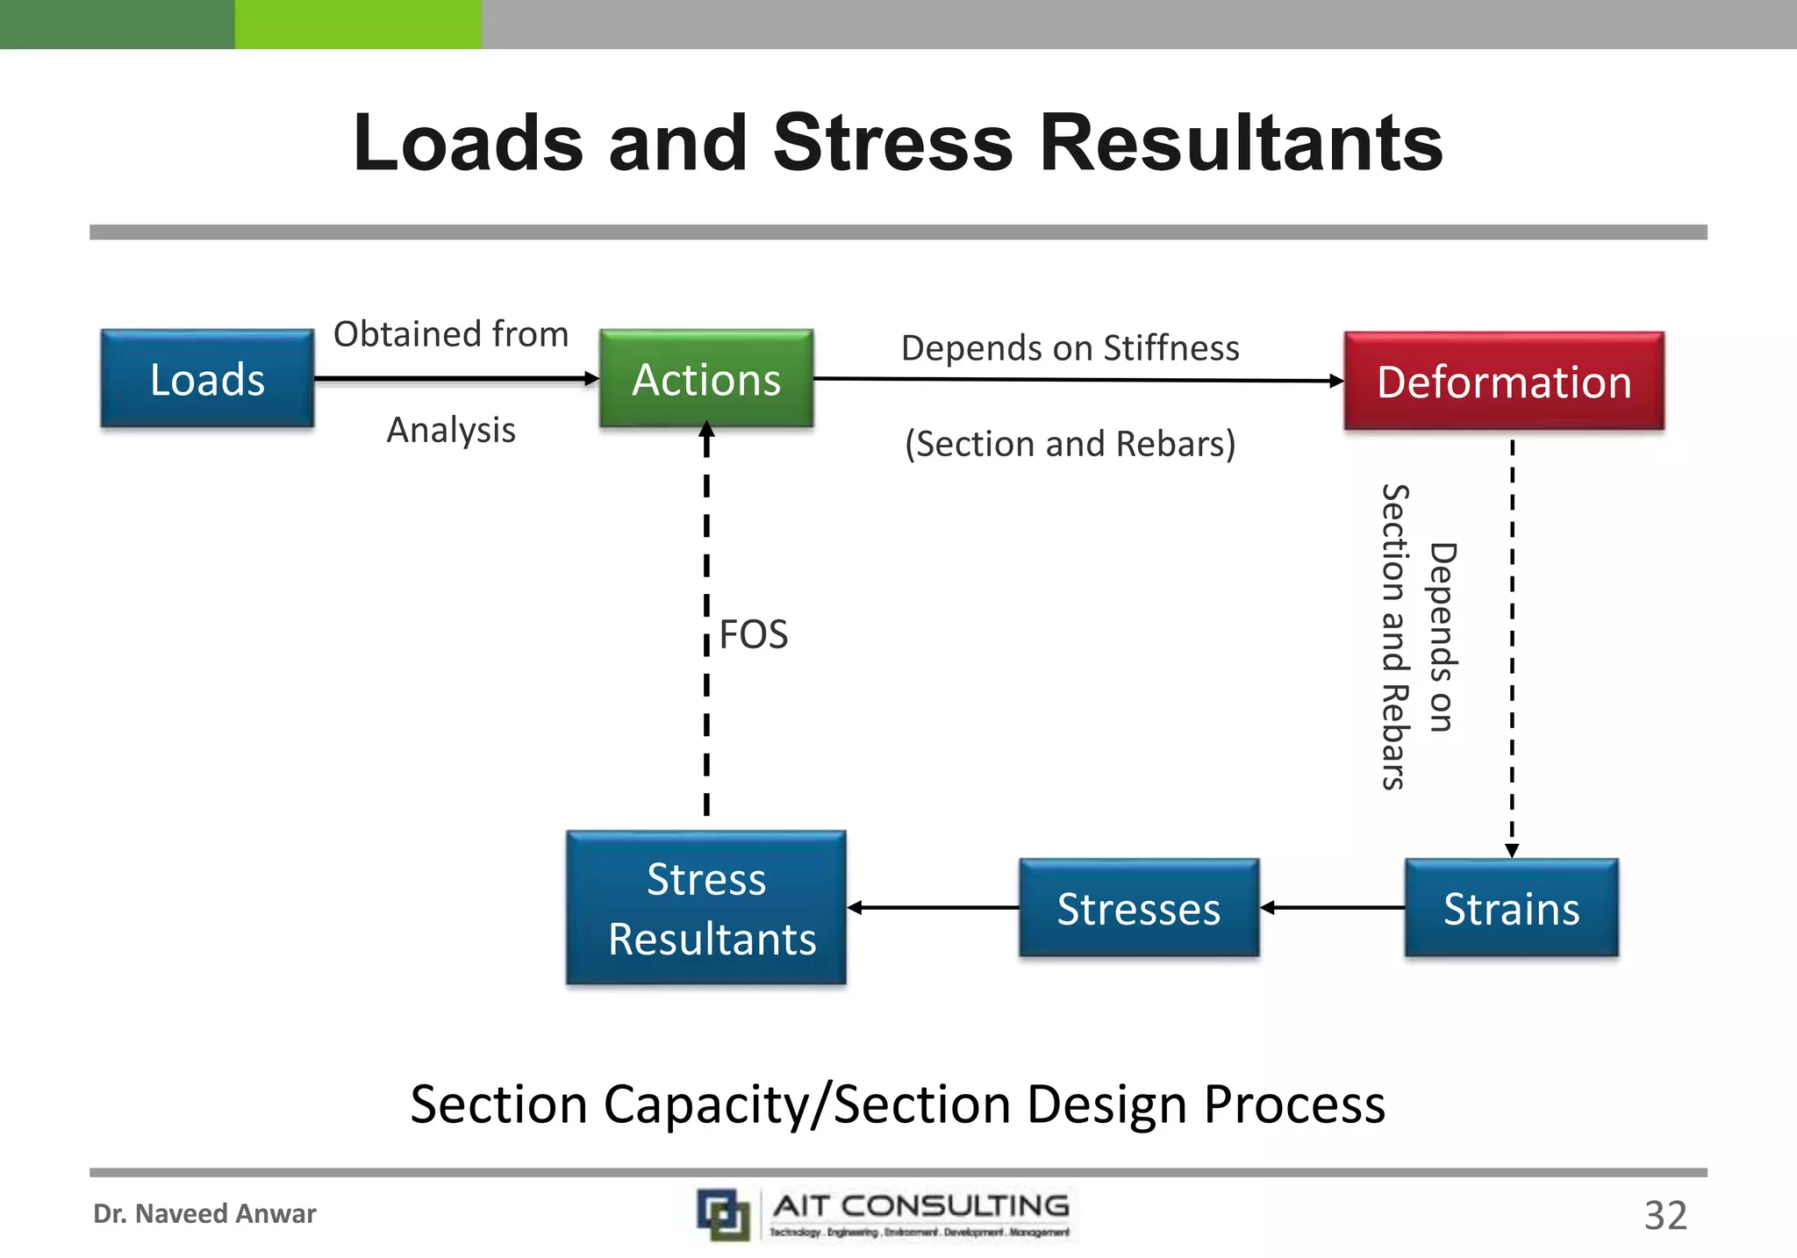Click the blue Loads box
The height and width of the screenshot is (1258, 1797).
207,379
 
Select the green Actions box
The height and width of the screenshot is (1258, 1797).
706,379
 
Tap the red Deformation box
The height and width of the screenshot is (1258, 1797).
1504,382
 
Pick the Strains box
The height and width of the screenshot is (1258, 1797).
1511,908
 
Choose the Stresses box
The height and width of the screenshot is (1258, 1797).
1138,908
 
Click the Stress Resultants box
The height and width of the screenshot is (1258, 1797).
706,908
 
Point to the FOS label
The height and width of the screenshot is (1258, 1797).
753,634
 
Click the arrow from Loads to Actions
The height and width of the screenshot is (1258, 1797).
456,379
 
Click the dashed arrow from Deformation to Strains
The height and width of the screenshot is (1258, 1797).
1512,649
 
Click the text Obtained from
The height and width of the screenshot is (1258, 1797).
451,334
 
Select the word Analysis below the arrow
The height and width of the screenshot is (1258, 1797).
451,430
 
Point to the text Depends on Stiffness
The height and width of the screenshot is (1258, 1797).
1070,348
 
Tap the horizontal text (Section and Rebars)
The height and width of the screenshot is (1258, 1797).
1070,444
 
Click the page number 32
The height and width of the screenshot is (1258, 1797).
1665,1216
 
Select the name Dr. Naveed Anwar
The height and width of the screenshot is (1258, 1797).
204,1214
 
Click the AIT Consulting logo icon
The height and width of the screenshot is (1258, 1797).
723,1215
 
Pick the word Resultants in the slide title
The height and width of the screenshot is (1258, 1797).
1241,143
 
